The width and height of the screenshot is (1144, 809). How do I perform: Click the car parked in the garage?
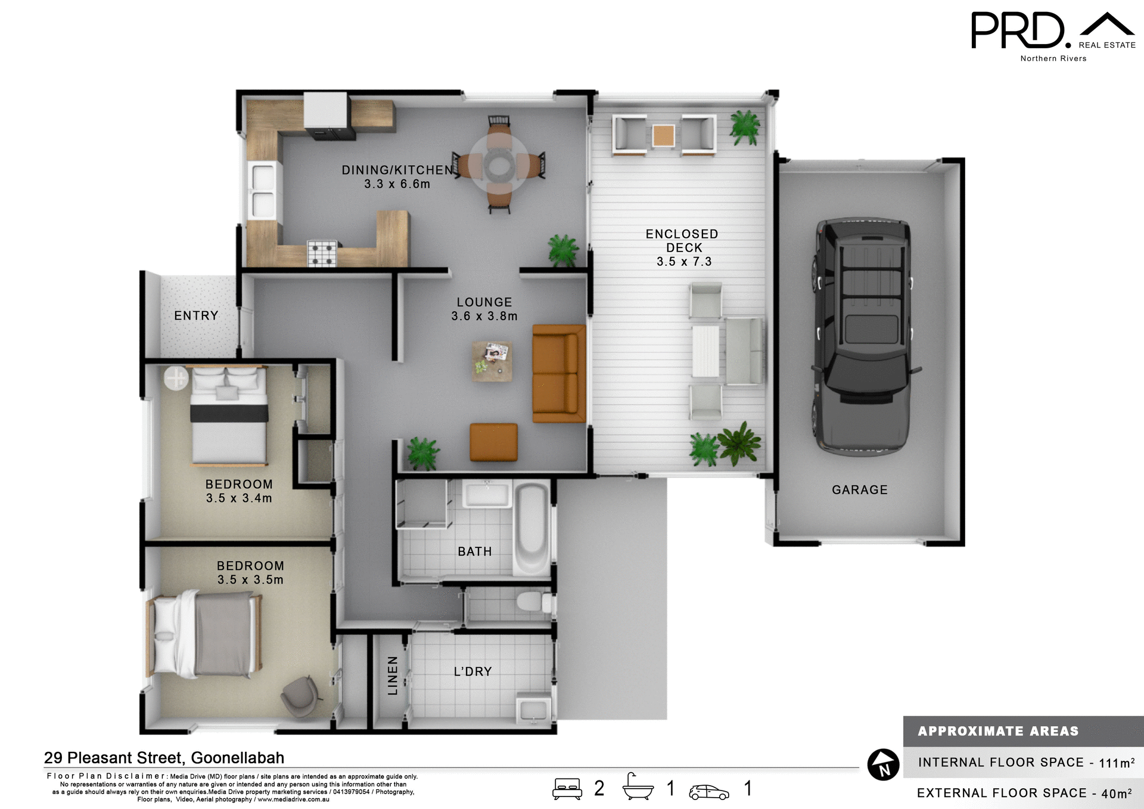click(862, 337)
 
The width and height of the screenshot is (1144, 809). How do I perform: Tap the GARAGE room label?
click(859, 490)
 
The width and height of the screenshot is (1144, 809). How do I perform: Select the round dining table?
click(499, 165)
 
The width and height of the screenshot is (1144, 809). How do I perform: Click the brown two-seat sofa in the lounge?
click(558, 374)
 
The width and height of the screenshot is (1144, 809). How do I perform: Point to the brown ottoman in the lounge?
click(493, 442)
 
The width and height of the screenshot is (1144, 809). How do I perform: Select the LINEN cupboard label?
click(393, 675)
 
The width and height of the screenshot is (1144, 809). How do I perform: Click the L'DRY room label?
click(472, 672)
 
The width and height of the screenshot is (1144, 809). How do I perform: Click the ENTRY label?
click(196, 316)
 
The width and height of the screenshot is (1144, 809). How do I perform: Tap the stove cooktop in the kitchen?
click(322, 253)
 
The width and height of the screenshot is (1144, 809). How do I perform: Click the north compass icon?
click(883, 764)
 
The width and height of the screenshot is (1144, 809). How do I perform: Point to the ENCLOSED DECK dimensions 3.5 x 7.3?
click(684, 262)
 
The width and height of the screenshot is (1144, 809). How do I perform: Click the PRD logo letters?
click(1018, 31)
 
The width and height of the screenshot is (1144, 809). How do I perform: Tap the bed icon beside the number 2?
click(567, 789)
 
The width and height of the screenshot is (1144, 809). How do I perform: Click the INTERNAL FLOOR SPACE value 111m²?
click(1116, 762)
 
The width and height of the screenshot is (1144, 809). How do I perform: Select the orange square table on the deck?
click(663, 135)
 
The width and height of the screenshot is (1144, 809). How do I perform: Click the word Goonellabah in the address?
click(237, 758)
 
